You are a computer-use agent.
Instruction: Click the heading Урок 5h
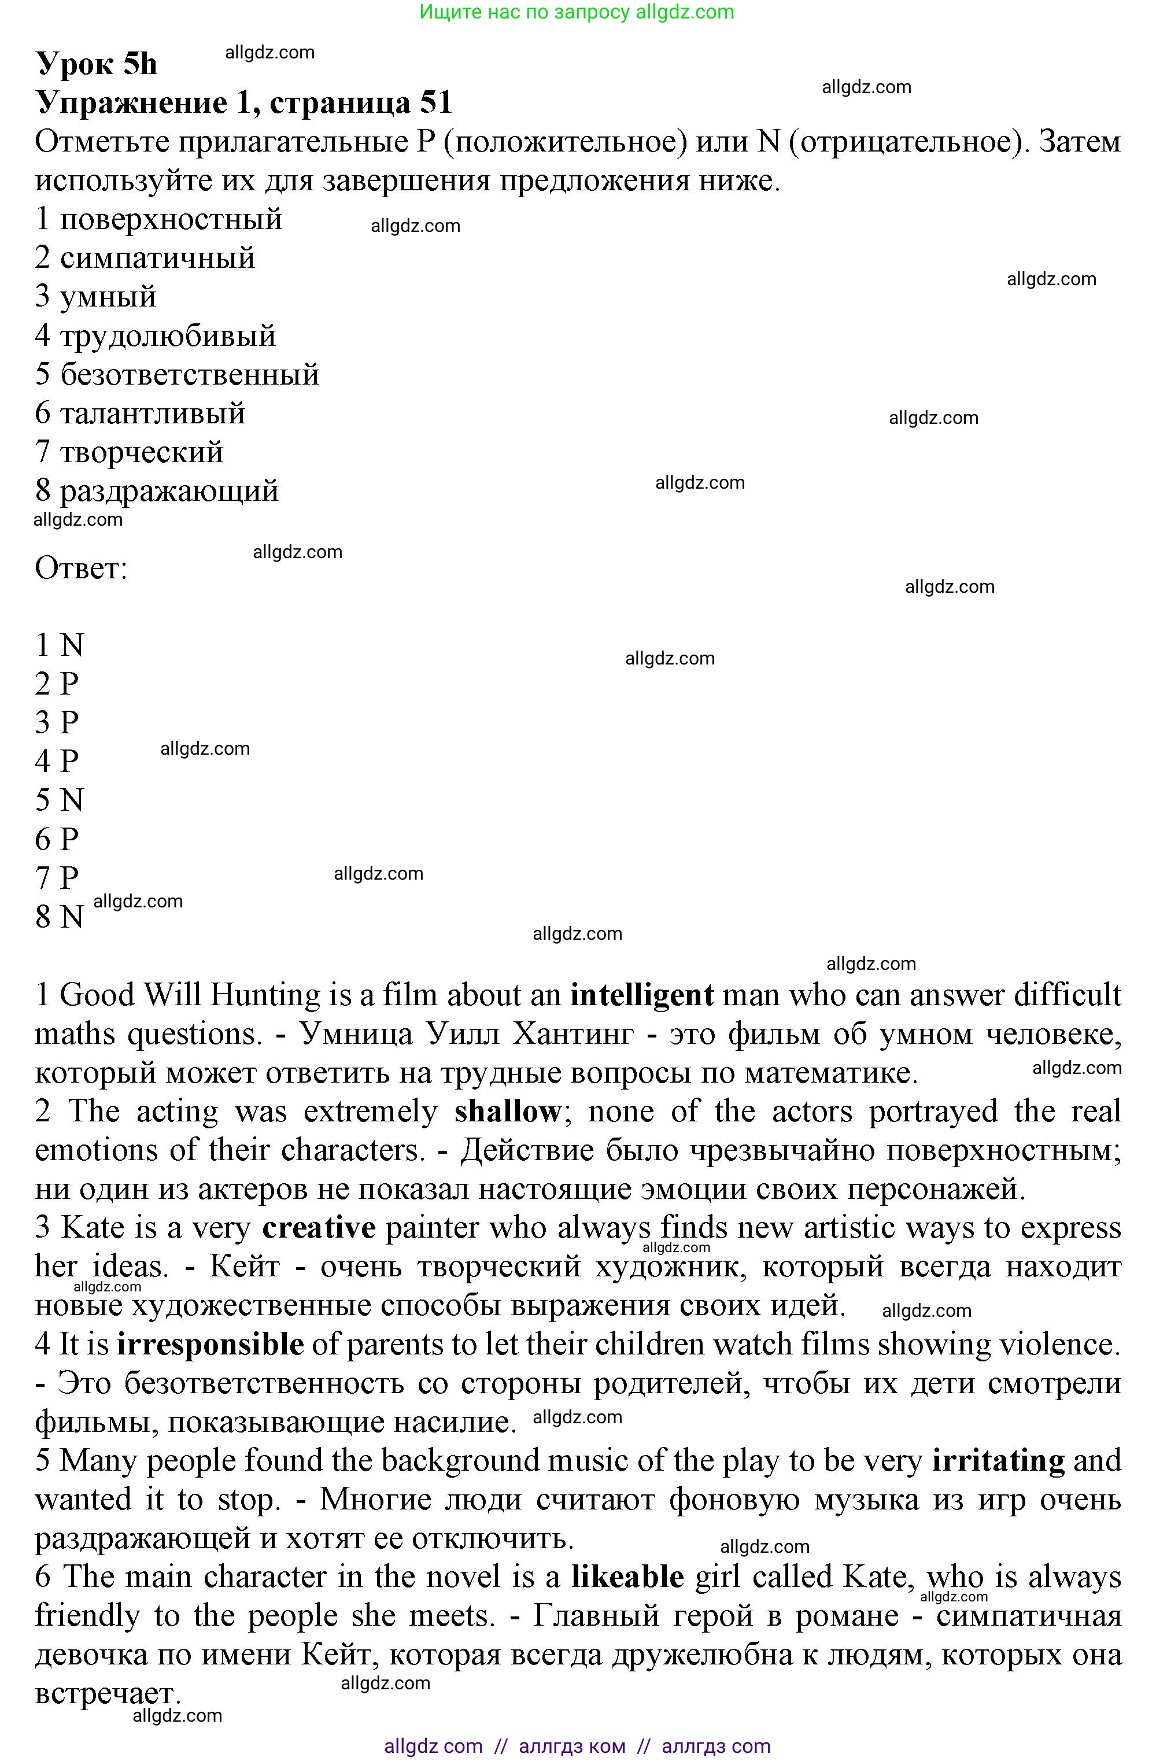[96, 64]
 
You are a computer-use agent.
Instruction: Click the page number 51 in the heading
[436, 103]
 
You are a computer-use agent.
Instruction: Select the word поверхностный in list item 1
[171, 220]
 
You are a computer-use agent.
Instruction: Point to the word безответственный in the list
[190, 375]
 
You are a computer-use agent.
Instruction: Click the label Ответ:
[82, 569]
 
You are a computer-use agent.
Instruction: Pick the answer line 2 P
[57, 684]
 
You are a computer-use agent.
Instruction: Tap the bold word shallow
[508, 1112]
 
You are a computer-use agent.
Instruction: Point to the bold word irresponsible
[210, 1345]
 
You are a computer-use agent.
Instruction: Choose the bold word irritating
[998, 1461]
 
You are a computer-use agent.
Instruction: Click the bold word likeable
[627, 1577]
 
